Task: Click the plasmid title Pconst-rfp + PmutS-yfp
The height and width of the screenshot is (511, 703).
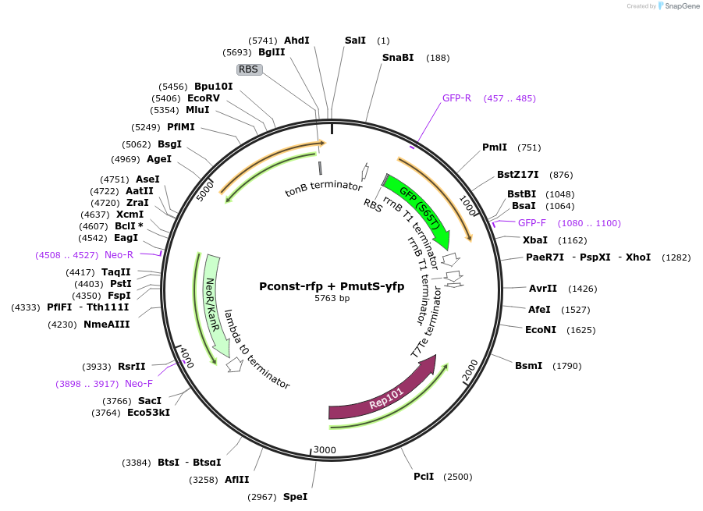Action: point(332,286)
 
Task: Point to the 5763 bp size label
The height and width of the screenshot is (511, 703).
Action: point(332,299)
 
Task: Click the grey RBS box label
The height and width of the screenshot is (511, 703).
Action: point(249,69)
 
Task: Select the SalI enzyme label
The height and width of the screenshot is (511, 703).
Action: point(355,41)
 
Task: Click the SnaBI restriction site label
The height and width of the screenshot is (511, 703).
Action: point(397,58)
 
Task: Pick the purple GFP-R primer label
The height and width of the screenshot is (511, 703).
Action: point(456,98)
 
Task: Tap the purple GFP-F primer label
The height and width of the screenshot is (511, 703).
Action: point(532,223)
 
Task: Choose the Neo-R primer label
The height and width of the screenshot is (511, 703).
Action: point(119,255)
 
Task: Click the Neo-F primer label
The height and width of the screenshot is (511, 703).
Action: point(139,384)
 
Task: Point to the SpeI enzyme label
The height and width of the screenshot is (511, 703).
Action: point(295,497)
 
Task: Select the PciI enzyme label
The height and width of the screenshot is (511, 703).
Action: point(424,477)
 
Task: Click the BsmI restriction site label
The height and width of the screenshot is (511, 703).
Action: point(528,366)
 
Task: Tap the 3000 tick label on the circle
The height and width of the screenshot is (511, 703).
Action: point(325,450)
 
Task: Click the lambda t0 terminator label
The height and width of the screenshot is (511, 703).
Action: point(257,350)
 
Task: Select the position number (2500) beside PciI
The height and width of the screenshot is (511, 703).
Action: point(458,477)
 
